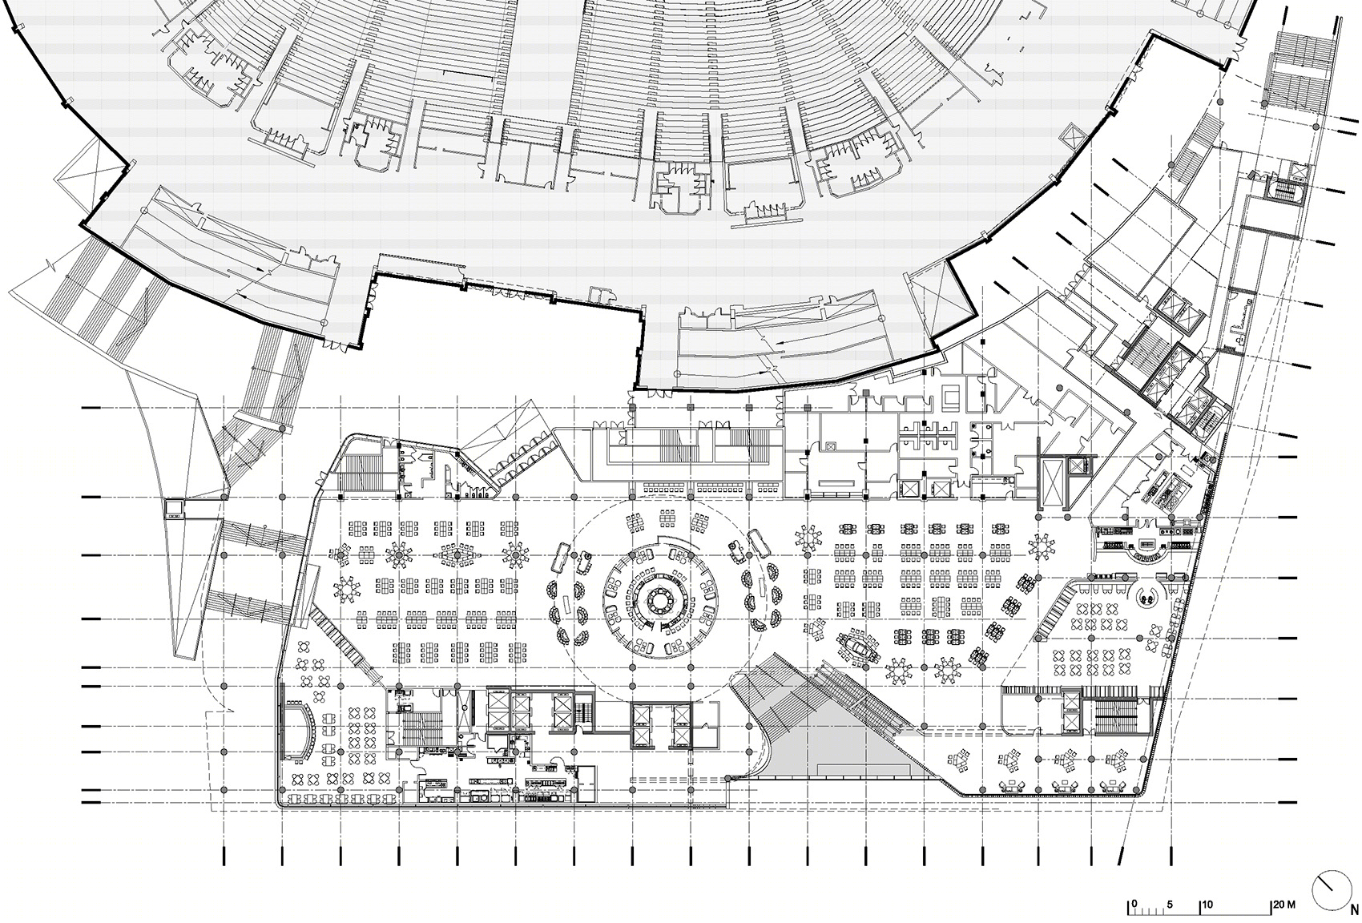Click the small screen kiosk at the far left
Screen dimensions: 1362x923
click(175, 508)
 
